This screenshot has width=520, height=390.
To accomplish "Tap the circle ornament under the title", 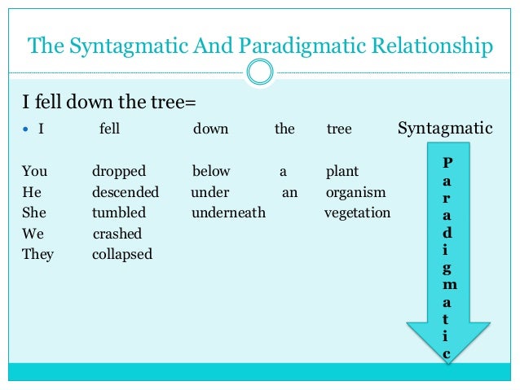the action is click(260, 72).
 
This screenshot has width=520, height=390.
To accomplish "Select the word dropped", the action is click(119, 172).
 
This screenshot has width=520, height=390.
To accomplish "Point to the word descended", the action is click(126, 193).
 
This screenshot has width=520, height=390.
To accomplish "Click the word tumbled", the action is click(119, 213).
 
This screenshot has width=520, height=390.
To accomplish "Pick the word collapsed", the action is click(122, 255).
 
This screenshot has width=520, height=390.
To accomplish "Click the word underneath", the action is click(229, 213).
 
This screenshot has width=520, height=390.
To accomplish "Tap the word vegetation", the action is click(357, 213).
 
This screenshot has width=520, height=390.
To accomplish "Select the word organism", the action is click(355, 193).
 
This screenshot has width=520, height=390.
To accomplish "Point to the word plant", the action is click(342, 172).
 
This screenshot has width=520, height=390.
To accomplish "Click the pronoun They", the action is click(37, 255).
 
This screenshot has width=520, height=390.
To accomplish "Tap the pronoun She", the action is click(34, 213).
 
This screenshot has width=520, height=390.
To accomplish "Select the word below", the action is click(211, 172).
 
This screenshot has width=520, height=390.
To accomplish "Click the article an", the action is click(289, 193).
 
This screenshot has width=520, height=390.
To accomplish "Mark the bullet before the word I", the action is click(26, 129).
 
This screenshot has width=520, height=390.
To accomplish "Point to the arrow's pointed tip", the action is click(448, 359).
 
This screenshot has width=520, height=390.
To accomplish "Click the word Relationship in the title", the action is click(429, 46).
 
